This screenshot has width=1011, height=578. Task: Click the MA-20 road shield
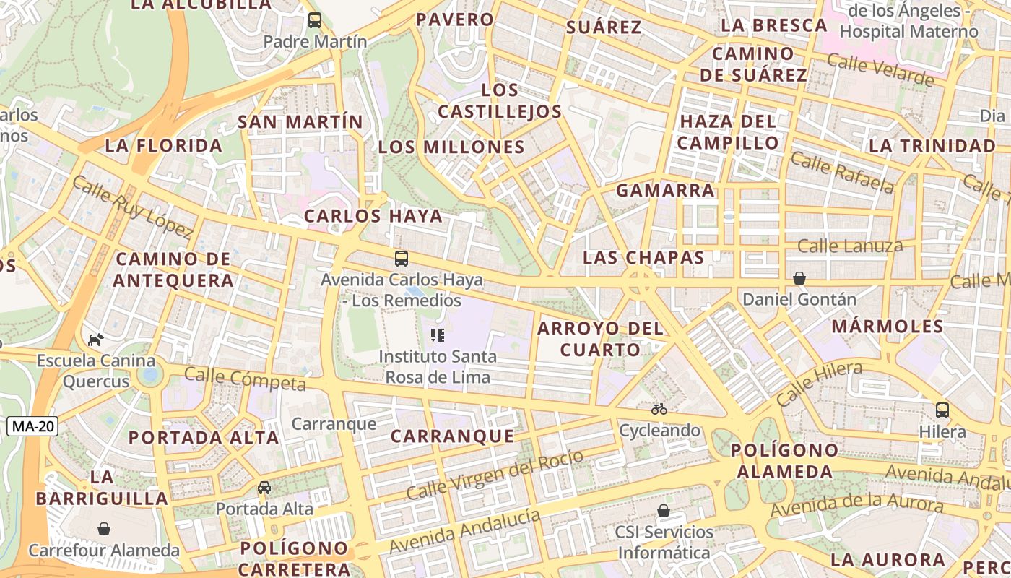pyautogui.click(x=32, y=426)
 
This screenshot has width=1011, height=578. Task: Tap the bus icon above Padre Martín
pyautogui.click(x=315, y=20)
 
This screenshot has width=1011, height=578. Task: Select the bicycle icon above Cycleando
pyautogui.click(x=659, y=409)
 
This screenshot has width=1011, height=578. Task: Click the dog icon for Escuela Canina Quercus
pyautogui.click(x=95, y=339)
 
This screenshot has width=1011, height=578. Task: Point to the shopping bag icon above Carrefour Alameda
pyautogui.click(x=104, y=529)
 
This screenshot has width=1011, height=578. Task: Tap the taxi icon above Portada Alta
pyautogui.click(x=264, y=488)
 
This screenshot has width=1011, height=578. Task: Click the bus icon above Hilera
pyautogui.click(x=942, y=410)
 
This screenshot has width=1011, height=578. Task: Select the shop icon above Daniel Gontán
pyautogui.click(x=799, y=278)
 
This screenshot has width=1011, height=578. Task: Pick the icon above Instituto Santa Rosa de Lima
pyautogui.click(x=437, y=335)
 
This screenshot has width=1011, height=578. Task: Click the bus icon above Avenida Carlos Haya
pyautogui.click(x=402, y=259)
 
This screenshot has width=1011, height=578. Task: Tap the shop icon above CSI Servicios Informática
pyautogui.click(x=664, y=511)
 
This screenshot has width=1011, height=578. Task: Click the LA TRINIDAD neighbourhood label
pyautogui.click(x=932, y=146)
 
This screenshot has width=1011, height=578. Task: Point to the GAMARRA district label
pyautogui.click(x=665, y=191)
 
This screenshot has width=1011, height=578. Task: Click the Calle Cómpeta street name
pyautogui.click(x=246, y=379)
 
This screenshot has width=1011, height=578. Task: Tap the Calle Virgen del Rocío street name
pyautogui.click(x=495, y=474)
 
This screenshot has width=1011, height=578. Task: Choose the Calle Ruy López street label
pyautogui.click(x=132, y=207)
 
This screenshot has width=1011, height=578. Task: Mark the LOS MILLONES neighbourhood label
pyautogui.click(x=451, y=147)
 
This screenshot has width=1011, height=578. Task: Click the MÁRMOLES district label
pyautogui.click(x=888, y=326)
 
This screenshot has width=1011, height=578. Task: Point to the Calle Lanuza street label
pyautogui.click(x=850, y=246)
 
